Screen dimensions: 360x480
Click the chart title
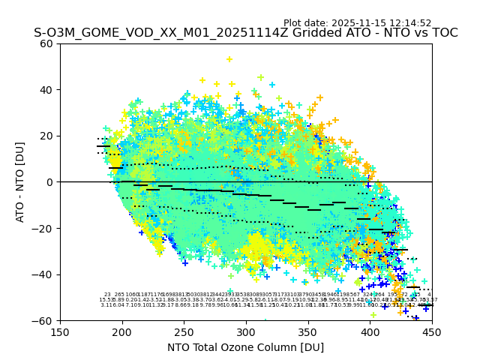(x=245, y=33)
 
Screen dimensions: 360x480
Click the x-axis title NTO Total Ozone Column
(x=245, y=347)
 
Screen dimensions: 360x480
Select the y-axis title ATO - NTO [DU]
(x=20, y=182)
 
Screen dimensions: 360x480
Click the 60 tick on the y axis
(x=46, y=43)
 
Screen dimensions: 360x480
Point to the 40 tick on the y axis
(x=46, y=90)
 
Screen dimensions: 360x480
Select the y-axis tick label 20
(x=46, y=136)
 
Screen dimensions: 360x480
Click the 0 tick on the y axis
(x=49, y=182)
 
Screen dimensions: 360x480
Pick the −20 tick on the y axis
(x=43, y=228)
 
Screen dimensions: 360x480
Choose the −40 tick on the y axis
(x=43, y=274)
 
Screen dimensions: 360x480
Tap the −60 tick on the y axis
(x=43, y=320)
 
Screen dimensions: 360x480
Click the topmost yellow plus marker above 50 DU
(x=229, y=59)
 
